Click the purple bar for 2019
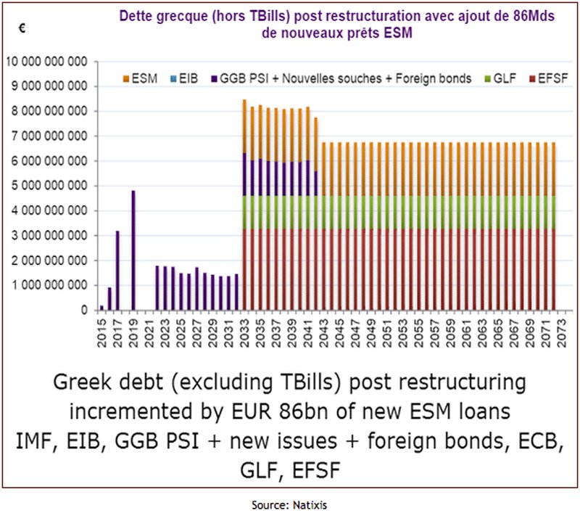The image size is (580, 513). coord(133,250)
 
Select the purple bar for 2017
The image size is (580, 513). coord(117,271)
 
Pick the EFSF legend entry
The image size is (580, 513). coord(547,78)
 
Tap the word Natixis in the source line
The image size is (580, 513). coord(302,501)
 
